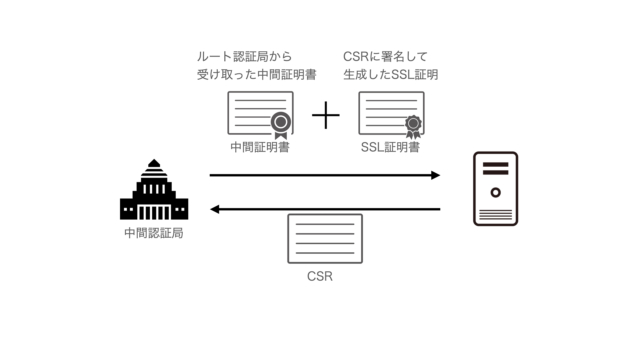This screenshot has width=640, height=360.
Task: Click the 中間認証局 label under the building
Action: [153, 233]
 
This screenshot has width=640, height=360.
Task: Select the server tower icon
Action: [495, 188]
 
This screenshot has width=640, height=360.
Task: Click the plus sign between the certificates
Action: [326, 116]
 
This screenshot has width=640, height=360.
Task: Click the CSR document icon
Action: [324, 238]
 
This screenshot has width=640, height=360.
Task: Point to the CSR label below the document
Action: [320, 274]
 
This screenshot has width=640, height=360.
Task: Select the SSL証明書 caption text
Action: [390, 147]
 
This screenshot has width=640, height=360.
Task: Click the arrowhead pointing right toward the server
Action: [435, 175]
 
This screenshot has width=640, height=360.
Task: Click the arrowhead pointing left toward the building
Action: [215, 209]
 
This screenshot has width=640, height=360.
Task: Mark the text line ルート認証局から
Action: [243, 57]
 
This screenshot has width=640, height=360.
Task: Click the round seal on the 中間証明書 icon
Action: [281, 124]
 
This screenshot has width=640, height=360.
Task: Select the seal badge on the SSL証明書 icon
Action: [411, 125]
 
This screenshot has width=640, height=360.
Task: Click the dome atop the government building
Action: [153, 166]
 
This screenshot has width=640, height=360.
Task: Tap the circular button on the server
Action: [495, 185]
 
